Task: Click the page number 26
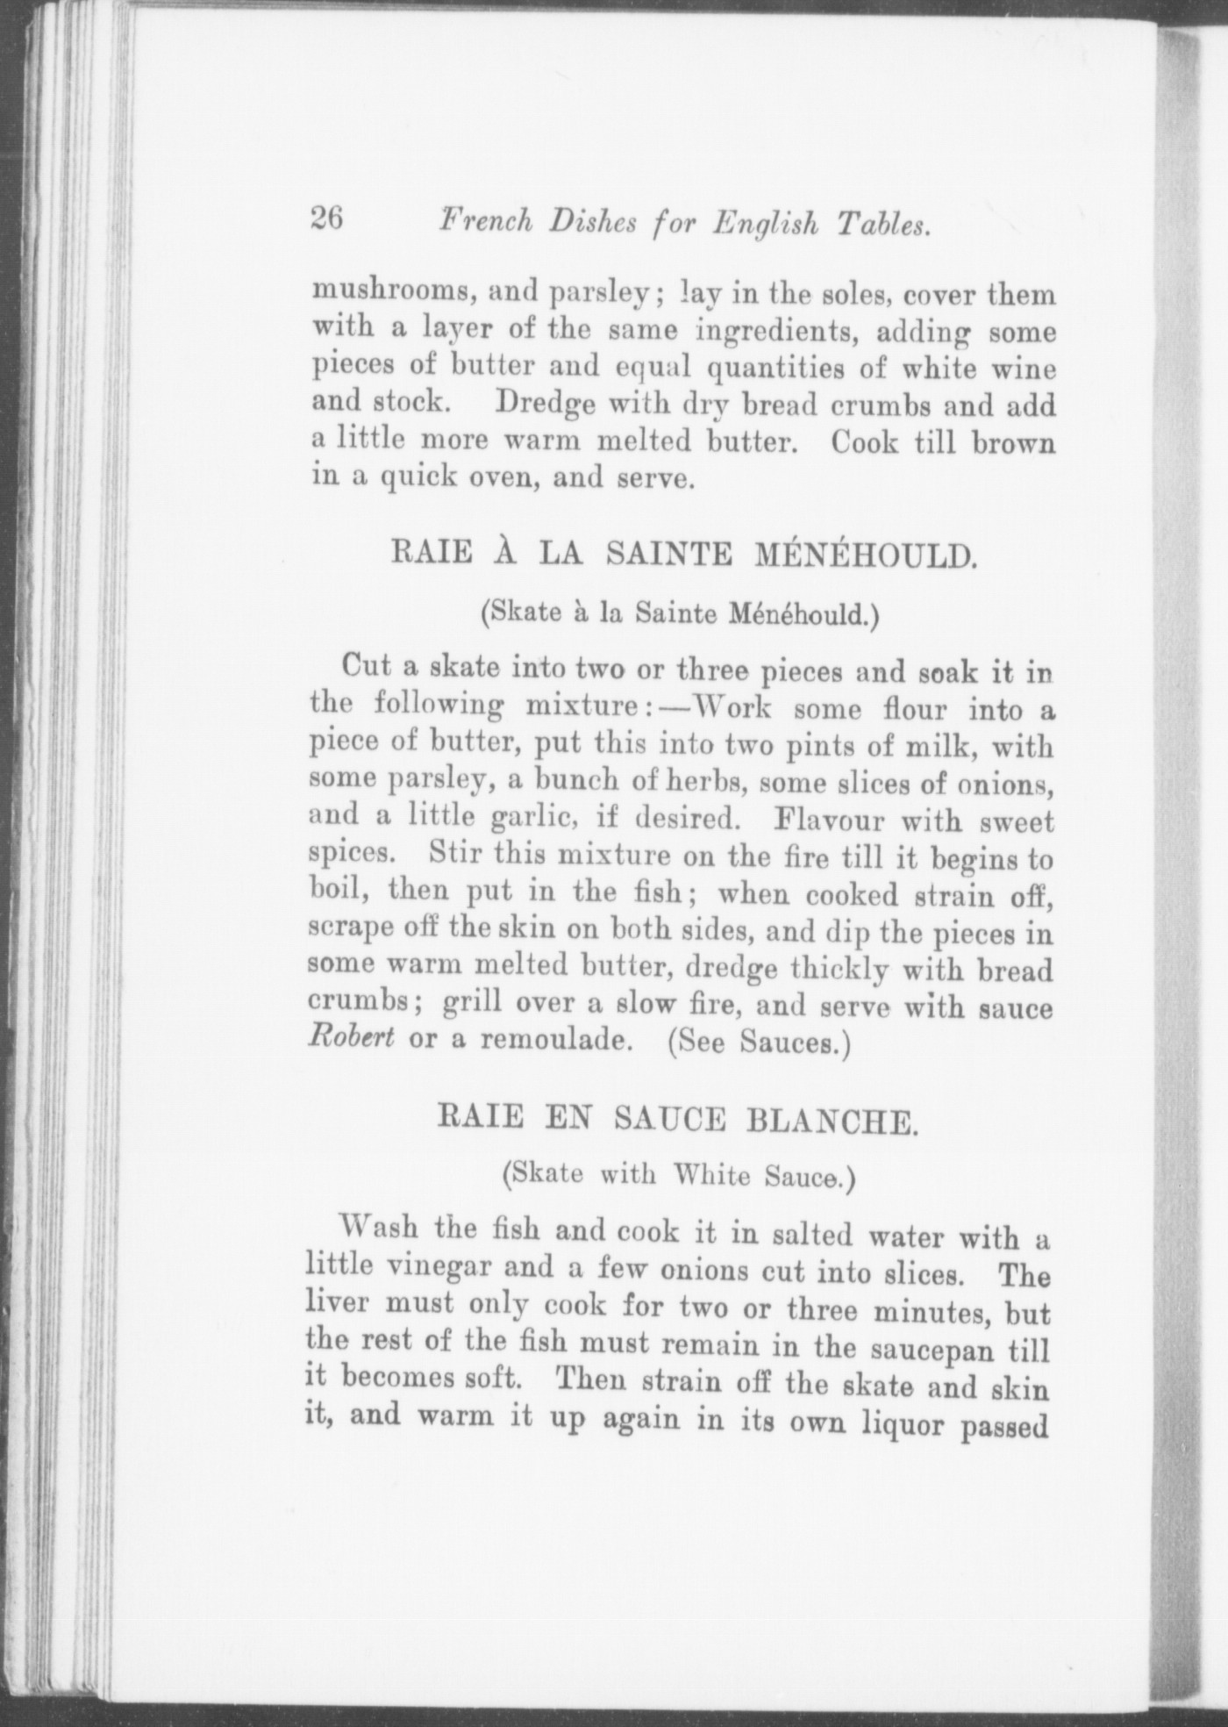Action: pyautogui.click(x=326, y=219)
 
